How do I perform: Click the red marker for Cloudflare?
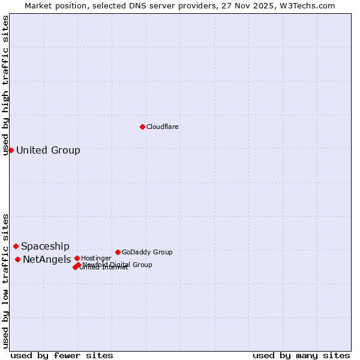click(142, 127)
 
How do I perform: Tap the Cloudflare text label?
click(162, 127)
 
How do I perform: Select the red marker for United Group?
click(11, 150)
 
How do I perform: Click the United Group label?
click(48, 150)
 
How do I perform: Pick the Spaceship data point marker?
click(16, 246)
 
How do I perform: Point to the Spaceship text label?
click(45, 246)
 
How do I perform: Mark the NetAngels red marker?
click(17, 259)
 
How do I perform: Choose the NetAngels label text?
click(47, 259)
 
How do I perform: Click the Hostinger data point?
click(77, 258)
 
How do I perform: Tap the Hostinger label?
click(96, 258)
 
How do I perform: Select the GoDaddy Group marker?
click(118, 252)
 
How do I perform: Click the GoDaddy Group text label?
click(147, 252)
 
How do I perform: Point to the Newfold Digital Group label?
click(117, 265)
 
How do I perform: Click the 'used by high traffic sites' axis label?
click(6, 85)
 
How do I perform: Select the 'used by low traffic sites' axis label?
click(6, 280)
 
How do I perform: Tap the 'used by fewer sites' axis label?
click(62, 355)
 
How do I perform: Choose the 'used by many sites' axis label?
click(301, 355)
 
